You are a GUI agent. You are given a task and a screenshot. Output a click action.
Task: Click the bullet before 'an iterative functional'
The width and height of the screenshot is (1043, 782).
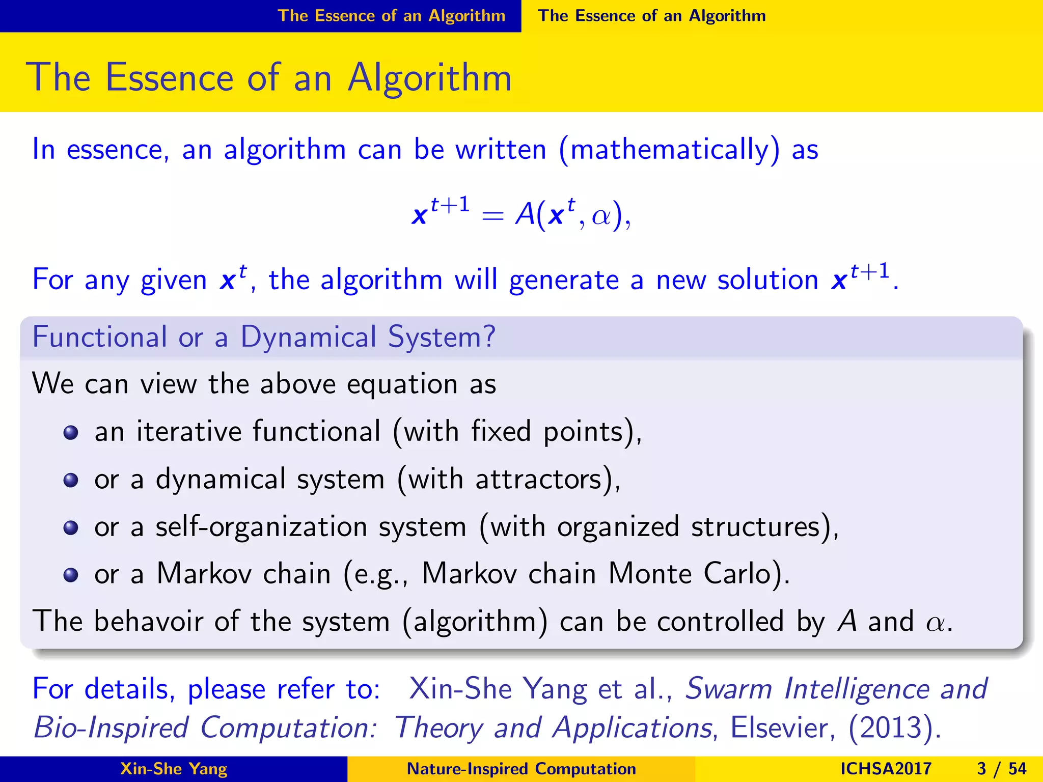(70, 433)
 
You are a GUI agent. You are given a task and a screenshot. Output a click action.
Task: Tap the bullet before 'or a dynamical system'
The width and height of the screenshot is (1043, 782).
(70, 480)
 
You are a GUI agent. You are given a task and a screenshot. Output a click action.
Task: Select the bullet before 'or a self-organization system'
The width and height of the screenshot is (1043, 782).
(70, 527)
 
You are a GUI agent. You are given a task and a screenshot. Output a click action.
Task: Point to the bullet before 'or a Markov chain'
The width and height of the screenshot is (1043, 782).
(70, 575)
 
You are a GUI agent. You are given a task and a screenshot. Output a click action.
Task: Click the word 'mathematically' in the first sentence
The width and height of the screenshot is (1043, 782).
(669, 150)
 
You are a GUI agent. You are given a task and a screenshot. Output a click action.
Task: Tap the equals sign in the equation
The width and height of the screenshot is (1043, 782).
(492, 216)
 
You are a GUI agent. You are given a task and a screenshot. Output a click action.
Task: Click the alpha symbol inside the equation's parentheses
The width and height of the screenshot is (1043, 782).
(601, 216)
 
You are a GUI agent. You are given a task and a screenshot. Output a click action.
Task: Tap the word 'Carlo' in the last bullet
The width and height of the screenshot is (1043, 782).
(742, 574)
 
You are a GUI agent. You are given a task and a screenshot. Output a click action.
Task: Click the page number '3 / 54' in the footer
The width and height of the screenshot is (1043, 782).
(1001, 768)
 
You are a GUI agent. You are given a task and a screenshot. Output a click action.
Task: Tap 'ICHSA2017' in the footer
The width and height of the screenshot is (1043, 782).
(886, 768)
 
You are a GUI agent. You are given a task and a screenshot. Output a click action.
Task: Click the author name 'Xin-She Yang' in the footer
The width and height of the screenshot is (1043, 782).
(174, 768)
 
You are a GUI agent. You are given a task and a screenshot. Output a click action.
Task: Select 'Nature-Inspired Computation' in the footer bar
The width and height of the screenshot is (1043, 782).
(521, 768)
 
